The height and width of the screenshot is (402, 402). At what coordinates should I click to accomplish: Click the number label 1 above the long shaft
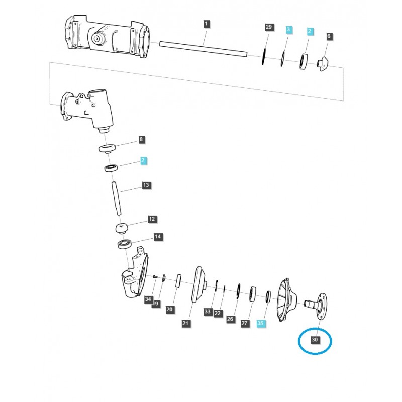(207, 24)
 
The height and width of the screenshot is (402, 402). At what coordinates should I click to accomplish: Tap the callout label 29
(269, 26)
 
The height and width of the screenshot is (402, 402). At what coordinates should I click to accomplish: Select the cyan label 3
(288, 30)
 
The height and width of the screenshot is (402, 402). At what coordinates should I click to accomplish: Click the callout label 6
(329, 36)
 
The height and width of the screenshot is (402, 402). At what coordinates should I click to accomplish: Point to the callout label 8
(141, 139)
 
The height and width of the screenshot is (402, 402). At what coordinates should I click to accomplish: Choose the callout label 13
(146, 185)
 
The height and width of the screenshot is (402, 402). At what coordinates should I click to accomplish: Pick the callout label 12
(152, 219)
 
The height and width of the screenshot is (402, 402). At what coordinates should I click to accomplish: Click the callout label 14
(157, 236)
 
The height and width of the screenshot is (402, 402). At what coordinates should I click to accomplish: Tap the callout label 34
(148, 299)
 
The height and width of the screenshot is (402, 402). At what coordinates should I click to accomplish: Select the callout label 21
(185, 323)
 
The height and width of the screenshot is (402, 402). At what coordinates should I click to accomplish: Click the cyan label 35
(260, 324)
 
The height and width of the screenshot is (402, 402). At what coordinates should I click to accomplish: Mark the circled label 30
(315, 340)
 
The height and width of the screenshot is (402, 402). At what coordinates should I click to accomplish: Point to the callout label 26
(231, 319)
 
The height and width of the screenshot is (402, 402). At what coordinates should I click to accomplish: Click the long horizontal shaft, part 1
(204, 48)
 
